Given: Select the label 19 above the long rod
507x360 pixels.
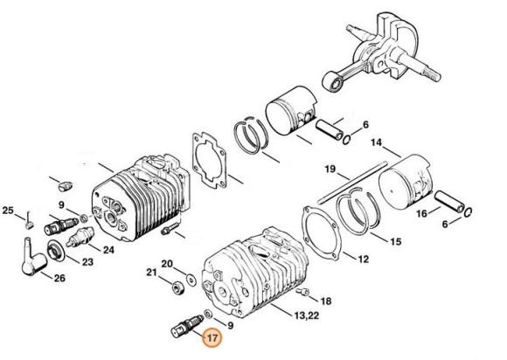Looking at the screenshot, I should click(331, 169).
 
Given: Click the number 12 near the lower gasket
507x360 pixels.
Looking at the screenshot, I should click(363, 259).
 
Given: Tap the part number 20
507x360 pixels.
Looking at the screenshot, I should click(168, 263).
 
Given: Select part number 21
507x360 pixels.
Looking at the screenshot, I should click(150, 273).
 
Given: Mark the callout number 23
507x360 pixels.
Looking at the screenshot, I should click(87, 261).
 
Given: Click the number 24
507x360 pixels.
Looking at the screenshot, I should click(108, 249).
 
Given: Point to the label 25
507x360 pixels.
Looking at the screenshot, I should click(8, 211).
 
